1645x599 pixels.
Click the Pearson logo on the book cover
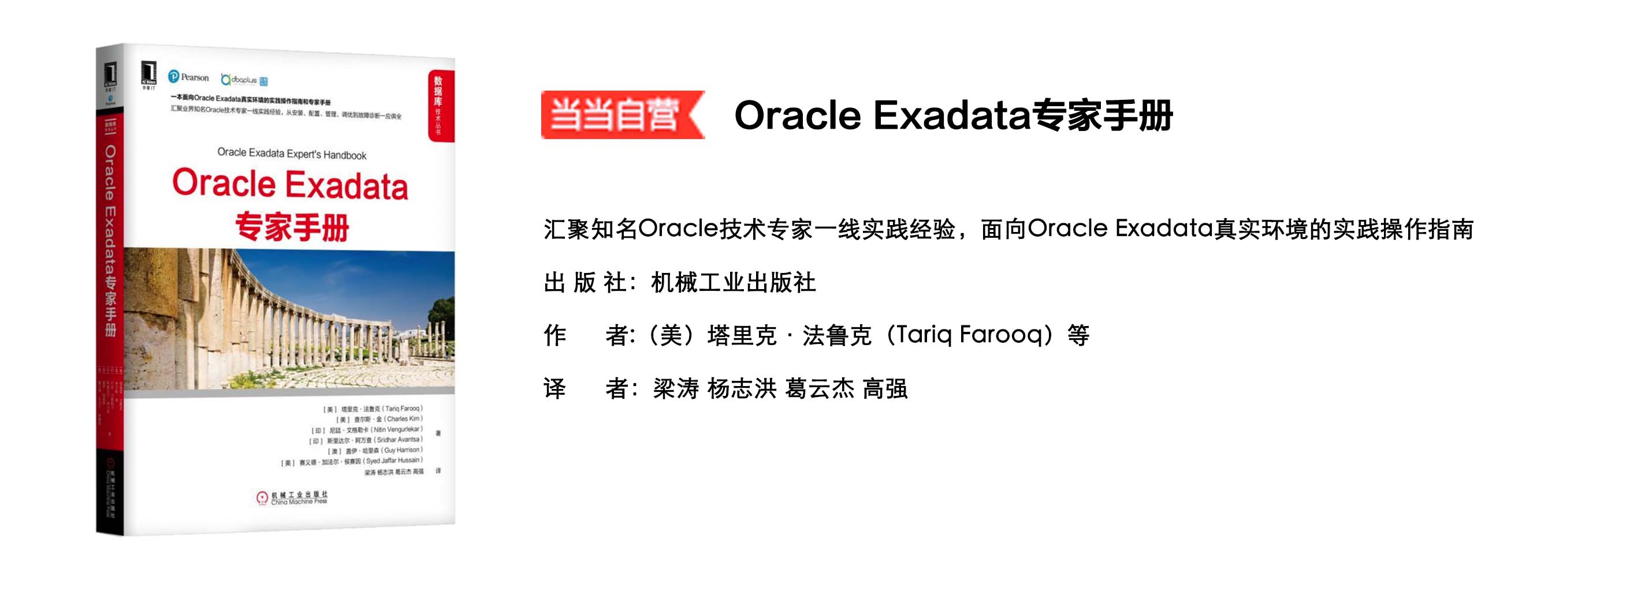pyautogui.click(x=188, y=77)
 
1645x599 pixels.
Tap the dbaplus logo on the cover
pyautogui.click(x=243, y=80)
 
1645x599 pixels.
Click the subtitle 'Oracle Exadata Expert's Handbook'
pyautogui.click(x=292, y=154)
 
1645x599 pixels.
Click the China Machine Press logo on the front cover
pyautogui.click(x=292, y=497)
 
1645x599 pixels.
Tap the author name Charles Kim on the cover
pyautogui.click(x=403, y=419)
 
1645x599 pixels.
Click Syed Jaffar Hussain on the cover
pyautogui.click(x=393, y=461)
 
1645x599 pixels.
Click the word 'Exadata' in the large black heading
pyautogui.click(x=951, y=115)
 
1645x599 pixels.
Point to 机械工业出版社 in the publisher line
pyautogui.click(x=733, y=283)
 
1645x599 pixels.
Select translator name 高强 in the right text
pyautogui.click(x=885, y=388)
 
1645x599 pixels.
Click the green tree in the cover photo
pyautogui.click(x=442, y=313)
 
